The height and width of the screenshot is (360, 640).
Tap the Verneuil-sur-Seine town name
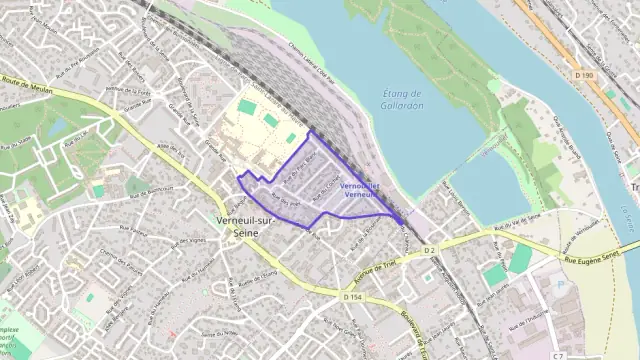[x=238, y=226]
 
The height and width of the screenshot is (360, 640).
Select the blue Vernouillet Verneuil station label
[x=359, y=189]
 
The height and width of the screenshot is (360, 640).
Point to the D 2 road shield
[x=430, y=249]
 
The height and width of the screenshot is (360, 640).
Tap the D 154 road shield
[x=351, y=296]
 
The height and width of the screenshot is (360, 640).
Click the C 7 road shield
[x=560, y=354]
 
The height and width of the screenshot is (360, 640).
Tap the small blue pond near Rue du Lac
[x=56, y=127]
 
